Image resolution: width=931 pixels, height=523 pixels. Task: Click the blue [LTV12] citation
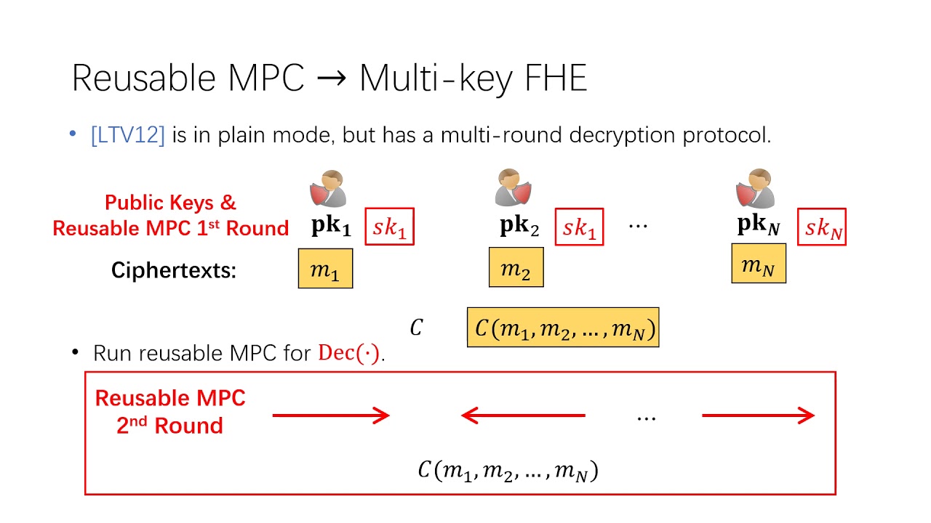coord(127,135)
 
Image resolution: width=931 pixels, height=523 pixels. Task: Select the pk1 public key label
coord(331,227)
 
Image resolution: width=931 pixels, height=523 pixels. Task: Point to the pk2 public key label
coord(519,227)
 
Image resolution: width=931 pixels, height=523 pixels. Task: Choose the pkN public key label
coord(759,226)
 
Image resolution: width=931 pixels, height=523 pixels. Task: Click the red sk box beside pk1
coord(389,227)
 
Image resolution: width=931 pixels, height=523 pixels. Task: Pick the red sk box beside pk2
coord(579,227)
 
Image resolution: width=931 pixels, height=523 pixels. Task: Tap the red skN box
coord(822,227)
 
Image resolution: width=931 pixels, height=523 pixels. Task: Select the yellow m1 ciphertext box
coord(325,269)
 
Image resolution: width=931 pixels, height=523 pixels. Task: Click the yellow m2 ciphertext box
coord(516,267)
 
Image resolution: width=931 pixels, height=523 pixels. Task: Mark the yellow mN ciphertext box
coord(758,264)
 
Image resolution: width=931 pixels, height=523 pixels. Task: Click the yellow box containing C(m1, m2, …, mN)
coord(563,328)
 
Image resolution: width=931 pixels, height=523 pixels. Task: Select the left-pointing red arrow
coord(523,415)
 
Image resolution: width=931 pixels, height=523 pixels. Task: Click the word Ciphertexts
coord(174,271)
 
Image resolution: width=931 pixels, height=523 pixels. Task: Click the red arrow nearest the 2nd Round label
coord(331,415)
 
